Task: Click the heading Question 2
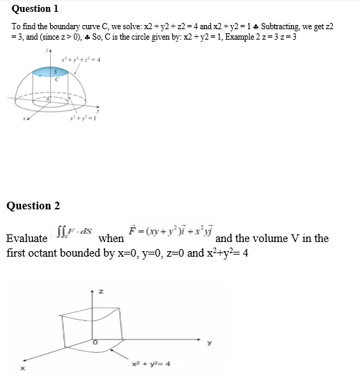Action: click(x=33, y=205)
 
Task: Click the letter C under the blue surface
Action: click(x=58, y=79)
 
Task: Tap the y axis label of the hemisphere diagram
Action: click(x=98, y=108)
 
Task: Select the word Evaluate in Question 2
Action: click(x=26, y=239)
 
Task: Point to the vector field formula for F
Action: click(x=171, y=230)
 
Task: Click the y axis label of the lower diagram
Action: click(x=208, y=342)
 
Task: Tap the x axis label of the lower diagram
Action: click(x=22, y=369)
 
